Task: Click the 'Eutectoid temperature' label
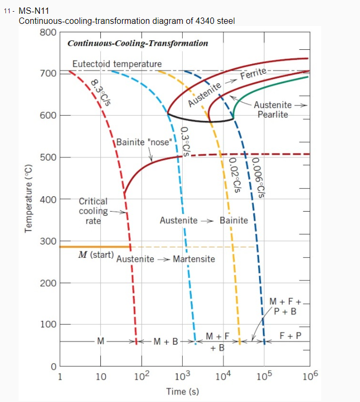point(117,64)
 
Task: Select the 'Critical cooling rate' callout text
point(93,211)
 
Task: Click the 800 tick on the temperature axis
point(48,32)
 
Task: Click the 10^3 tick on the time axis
point(183,377)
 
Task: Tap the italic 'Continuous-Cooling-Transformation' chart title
point(138,43)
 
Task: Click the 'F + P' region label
point(290,336)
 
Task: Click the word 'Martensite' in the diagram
point(194,259)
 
